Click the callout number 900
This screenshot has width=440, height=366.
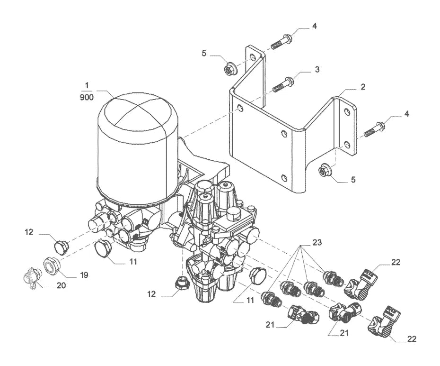tap(87, 98)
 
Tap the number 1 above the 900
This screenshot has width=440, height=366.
tap(87, 85)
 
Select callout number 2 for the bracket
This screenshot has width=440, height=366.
tap(363, 87)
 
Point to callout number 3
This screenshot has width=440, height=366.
tap(317, 69)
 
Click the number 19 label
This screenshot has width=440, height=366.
tap(84, 274)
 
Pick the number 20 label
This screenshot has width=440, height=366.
tap(61, 285)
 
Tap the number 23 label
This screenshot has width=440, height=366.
tap(317, 242)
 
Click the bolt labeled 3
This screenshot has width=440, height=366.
tap(283, 84)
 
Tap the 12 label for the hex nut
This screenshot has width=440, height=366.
tap(151, 294)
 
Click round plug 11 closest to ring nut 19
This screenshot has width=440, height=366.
tap(103, 248)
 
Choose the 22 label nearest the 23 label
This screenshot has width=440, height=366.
tap(396, 262)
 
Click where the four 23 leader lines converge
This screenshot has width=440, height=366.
tap(301, 246)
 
